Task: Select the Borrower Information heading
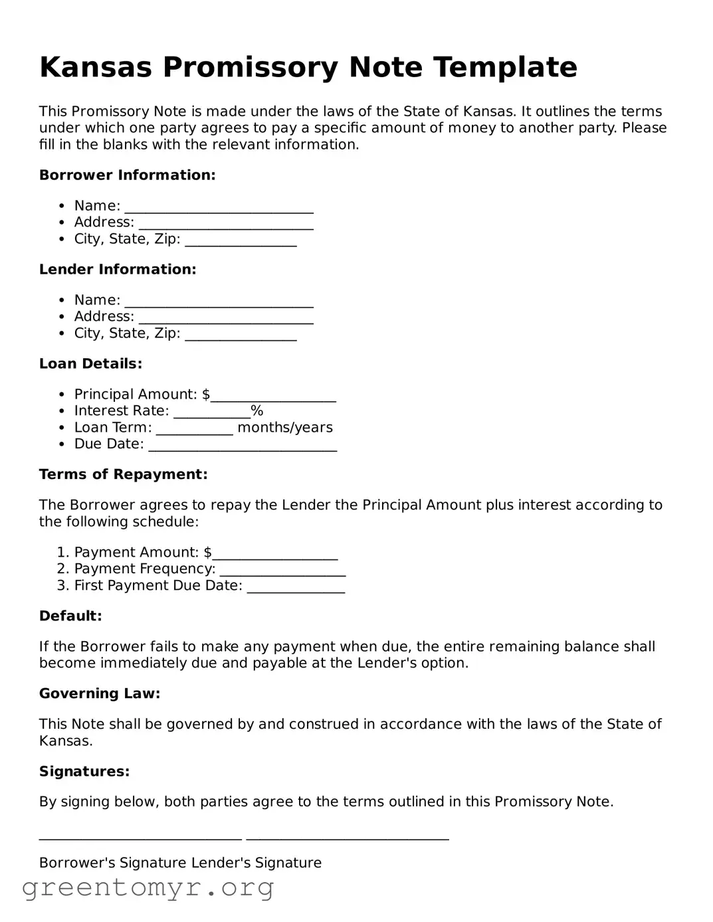(127, 175)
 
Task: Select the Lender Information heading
(118, 270)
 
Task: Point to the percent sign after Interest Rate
(257, 411)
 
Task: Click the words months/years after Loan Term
(285, 428)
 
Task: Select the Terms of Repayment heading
(123, 475)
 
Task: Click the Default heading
(70, 616)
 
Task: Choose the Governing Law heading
(100, 694)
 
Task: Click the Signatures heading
(84, 772)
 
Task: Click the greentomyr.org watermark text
(148, 887)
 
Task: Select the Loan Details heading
(90, 364)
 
